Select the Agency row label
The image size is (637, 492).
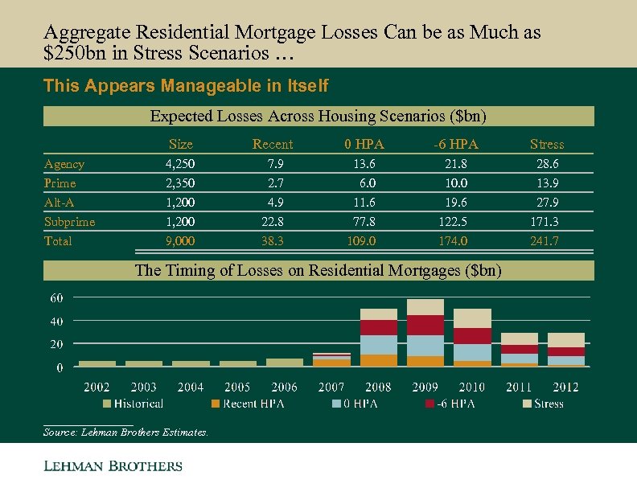(x=64, y=164)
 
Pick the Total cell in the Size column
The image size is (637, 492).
(x=180, y=241)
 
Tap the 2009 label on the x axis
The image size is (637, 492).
(x=425, y=387)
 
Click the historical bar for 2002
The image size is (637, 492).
(x=97, y=363)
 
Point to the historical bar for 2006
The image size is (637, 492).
(x=285, y=363)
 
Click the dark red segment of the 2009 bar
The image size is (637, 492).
(x=425, y=325)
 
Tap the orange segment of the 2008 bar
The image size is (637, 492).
(x=379, y=360)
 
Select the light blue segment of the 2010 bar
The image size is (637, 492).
(x=472, y=352)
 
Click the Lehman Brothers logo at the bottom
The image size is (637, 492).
(x=113, y=466)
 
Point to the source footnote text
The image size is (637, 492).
(x=125, y=433)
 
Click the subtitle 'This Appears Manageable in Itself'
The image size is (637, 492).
(x=186, y=85)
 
